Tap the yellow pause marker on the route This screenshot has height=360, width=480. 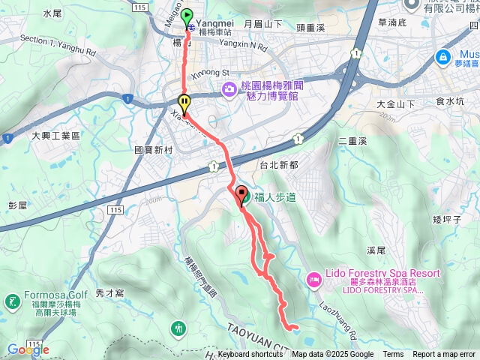tap(184, 103)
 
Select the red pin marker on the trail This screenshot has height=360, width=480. tap(241, 194)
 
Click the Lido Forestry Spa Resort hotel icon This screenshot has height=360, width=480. tap(313, 280)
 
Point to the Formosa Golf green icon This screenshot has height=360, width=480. tap(12, 301)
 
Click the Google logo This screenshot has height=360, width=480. tap(28, 349)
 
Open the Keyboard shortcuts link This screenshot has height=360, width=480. tap(250, 355)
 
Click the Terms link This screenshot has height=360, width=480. tap(393, 355)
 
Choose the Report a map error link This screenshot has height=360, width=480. tap(445, 355)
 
